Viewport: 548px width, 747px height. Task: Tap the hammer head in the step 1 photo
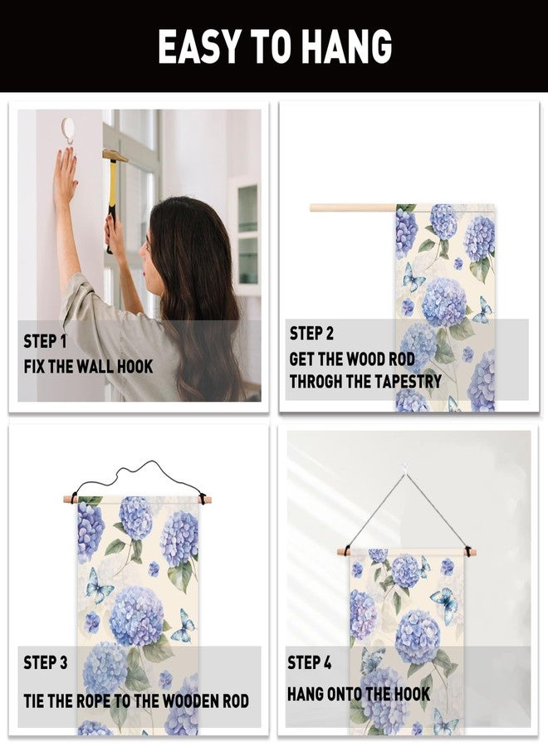115,155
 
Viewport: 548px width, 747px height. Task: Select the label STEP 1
46,341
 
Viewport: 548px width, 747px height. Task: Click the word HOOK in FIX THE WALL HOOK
135,366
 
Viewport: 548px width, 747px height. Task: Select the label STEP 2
311,333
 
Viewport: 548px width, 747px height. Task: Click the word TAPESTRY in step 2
408,381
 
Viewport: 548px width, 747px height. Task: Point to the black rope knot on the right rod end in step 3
203,499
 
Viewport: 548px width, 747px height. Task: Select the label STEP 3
46,662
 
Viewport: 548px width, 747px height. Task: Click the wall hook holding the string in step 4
404,468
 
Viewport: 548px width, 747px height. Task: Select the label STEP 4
309,662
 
